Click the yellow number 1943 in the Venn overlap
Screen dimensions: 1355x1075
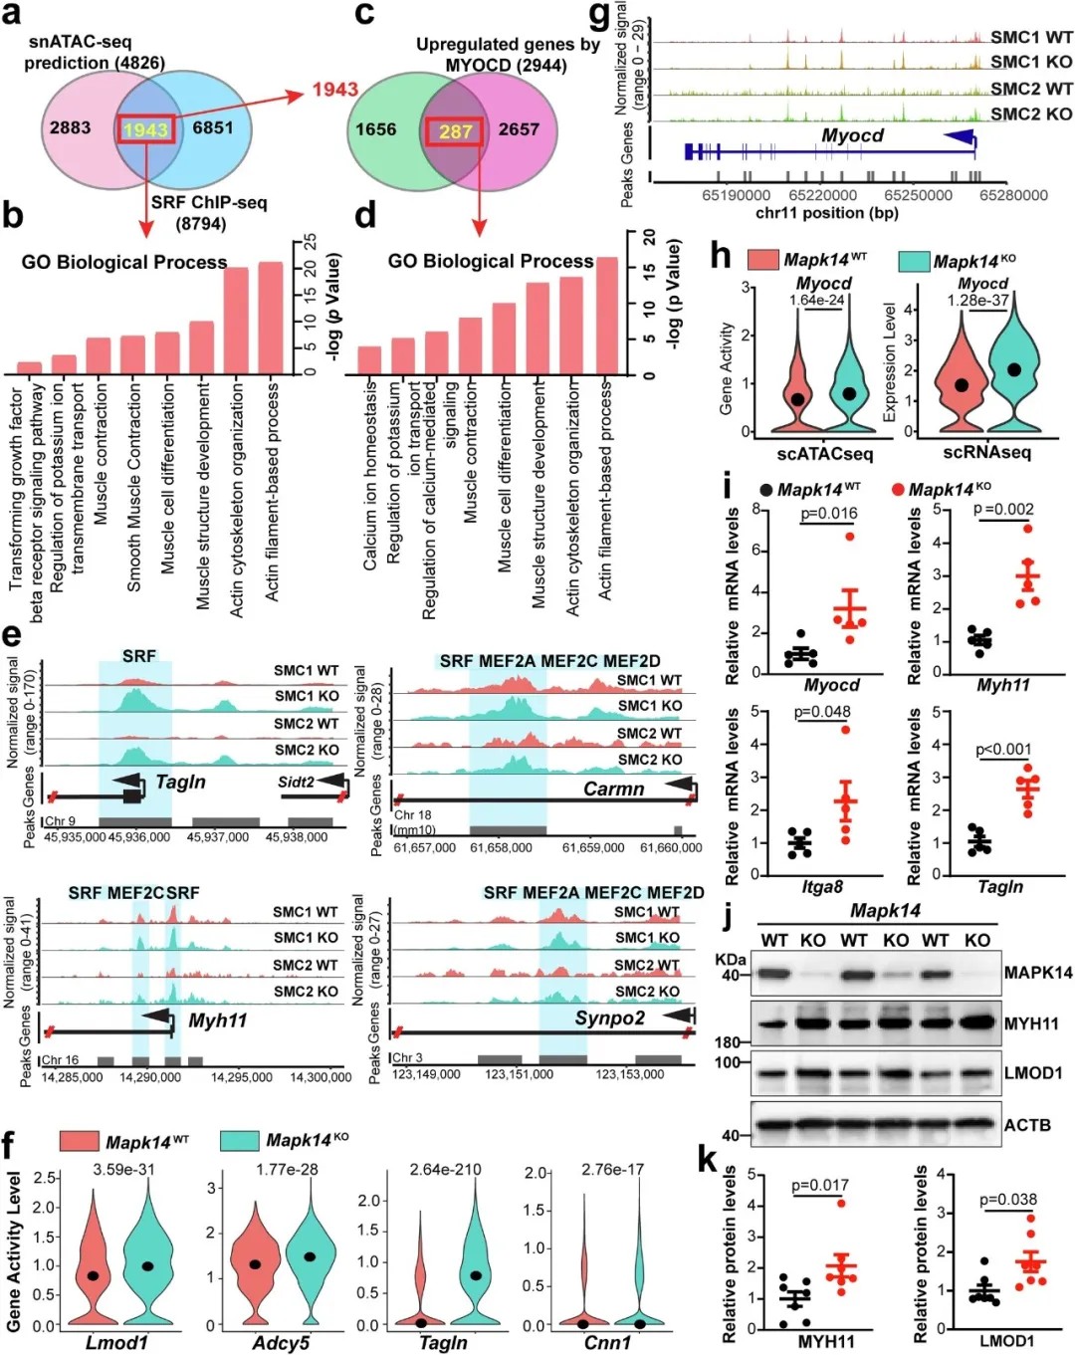click(x=145, y=129)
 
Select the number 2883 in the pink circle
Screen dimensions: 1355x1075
click(x=70, y=127)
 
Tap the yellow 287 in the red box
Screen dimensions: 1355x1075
click(x=456, y=130)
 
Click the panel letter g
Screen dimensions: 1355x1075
click(x=599, y=15)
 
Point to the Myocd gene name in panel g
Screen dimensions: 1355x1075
click(x=852, y=135)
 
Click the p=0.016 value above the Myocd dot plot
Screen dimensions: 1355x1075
click(x=829, y=513)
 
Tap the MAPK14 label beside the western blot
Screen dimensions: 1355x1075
click(x=1038, y=973)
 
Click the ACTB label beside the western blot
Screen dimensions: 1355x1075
click(x=1027, y=1125)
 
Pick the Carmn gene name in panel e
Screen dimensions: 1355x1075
click(x=613, y=789)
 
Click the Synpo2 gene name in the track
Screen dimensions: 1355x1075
click(x=609, y=1017)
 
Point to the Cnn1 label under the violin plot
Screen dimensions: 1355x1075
click(x=607, y=1342)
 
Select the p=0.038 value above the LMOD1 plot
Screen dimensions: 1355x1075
click(x=1007, y=1200)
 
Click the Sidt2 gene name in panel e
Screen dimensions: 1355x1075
click(x=296, y=782)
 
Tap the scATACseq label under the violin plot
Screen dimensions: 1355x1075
click(x=824, y=454)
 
